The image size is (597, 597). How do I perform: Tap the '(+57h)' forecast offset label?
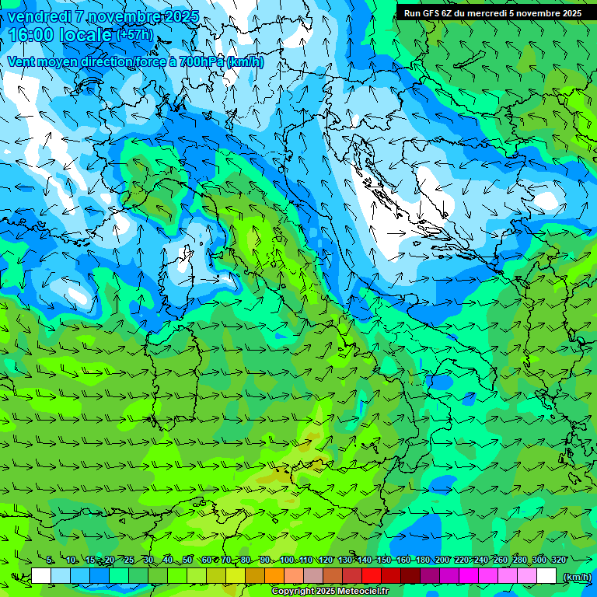[x=134, y=35]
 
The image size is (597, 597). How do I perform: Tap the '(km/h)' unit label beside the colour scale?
[x=576, y=577]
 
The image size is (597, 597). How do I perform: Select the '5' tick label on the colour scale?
[x=50, y=560]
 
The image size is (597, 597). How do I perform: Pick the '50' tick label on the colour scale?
[x=187, y=560]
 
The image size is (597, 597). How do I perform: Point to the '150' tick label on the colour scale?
[x=383, y=560]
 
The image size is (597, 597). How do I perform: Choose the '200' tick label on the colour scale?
[x=442, y=560]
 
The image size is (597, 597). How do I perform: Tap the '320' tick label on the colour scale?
[x=558, y=560]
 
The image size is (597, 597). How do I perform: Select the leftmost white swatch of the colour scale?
[x=41, y=576]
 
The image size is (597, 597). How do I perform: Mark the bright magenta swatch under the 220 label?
[x=469, y=576]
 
